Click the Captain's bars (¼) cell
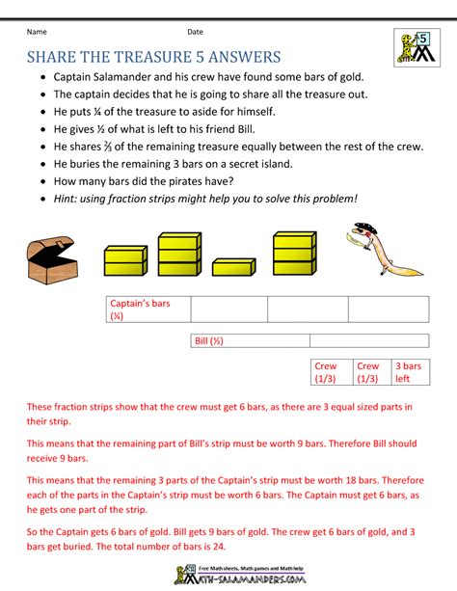click(148, 309)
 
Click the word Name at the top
click(37, 32)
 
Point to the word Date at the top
click(195, 32)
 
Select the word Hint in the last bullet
click(69, 198)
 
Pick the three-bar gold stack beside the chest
click(178, 255)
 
